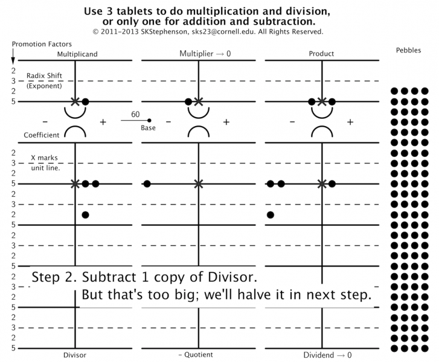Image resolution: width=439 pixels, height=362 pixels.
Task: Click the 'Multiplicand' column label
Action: tap(77, 54)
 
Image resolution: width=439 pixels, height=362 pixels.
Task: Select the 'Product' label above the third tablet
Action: tap(321, 54)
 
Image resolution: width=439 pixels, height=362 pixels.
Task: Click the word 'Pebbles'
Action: tap(409, 51)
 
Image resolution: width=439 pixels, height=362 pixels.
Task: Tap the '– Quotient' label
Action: tap(196, 355)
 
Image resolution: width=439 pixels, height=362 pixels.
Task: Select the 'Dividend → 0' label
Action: tap(327, 355)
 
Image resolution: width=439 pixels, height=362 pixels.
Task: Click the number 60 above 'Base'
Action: tap(135, 114)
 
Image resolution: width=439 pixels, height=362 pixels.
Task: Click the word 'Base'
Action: tap(149, 128)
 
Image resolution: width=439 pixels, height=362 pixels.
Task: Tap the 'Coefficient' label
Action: tap(42, 135)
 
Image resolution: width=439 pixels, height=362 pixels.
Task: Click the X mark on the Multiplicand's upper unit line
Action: tap(75, 101)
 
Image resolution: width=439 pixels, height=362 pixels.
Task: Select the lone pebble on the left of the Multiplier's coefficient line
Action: tap(147, 183)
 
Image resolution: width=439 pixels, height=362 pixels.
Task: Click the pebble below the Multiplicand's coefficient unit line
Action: tap(85, 215)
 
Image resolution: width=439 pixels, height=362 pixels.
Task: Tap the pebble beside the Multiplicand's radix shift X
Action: tap(85, 101)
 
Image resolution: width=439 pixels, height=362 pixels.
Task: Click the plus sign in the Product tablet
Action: tap(350, 122)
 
